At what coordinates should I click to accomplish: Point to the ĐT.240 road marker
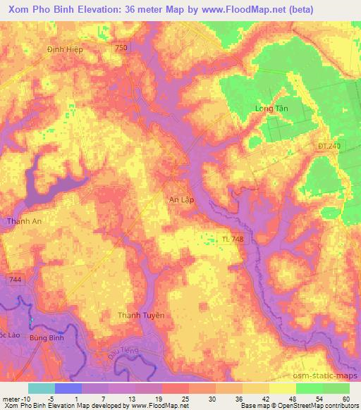point(328,146)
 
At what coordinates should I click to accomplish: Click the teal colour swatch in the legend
point(42,388)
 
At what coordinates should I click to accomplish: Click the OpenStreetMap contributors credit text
point(320,406)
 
